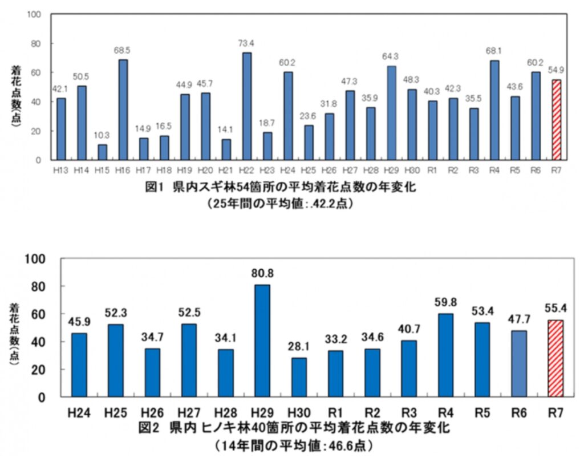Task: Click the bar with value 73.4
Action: click(246, 106)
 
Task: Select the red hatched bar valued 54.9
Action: click(556, 120)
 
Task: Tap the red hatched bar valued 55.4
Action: click(555, 358)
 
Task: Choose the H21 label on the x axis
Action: click(226, 169)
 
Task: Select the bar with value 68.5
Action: click(123, 110)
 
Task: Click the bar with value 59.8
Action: click(446, 355)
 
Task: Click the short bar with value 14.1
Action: click(226, 149)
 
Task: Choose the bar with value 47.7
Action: click(519, 363)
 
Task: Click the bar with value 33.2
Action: click(335, 374)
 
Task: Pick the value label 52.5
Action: click(188, 313)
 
